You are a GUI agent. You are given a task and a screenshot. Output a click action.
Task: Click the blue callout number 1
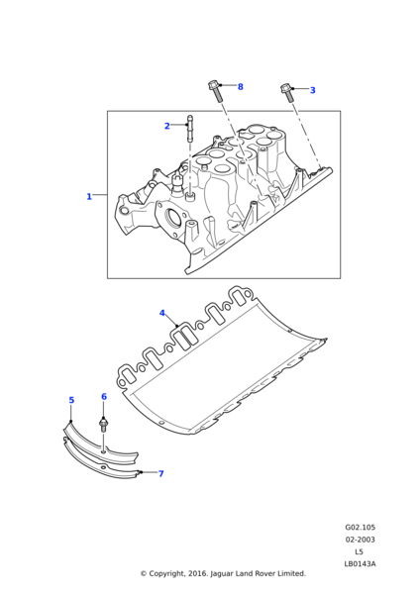[89, 197]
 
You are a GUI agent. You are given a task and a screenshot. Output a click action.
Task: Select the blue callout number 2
[166, 126]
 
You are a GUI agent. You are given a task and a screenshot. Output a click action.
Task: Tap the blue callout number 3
[312, 90]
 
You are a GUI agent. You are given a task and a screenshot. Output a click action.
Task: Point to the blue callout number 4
[162, 313]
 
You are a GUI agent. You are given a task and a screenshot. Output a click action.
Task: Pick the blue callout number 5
[71, 400]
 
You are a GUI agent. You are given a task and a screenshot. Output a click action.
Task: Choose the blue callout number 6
[104, 397]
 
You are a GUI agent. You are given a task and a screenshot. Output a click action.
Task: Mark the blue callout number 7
[161, 474]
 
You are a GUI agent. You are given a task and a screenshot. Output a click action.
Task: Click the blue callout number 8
[241, 87]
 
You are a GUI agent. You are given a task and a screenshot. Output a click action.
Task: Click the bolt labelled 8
[215, 90]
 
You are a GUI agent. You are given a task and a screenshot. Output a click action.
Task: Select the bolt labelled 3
[286, 93]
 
